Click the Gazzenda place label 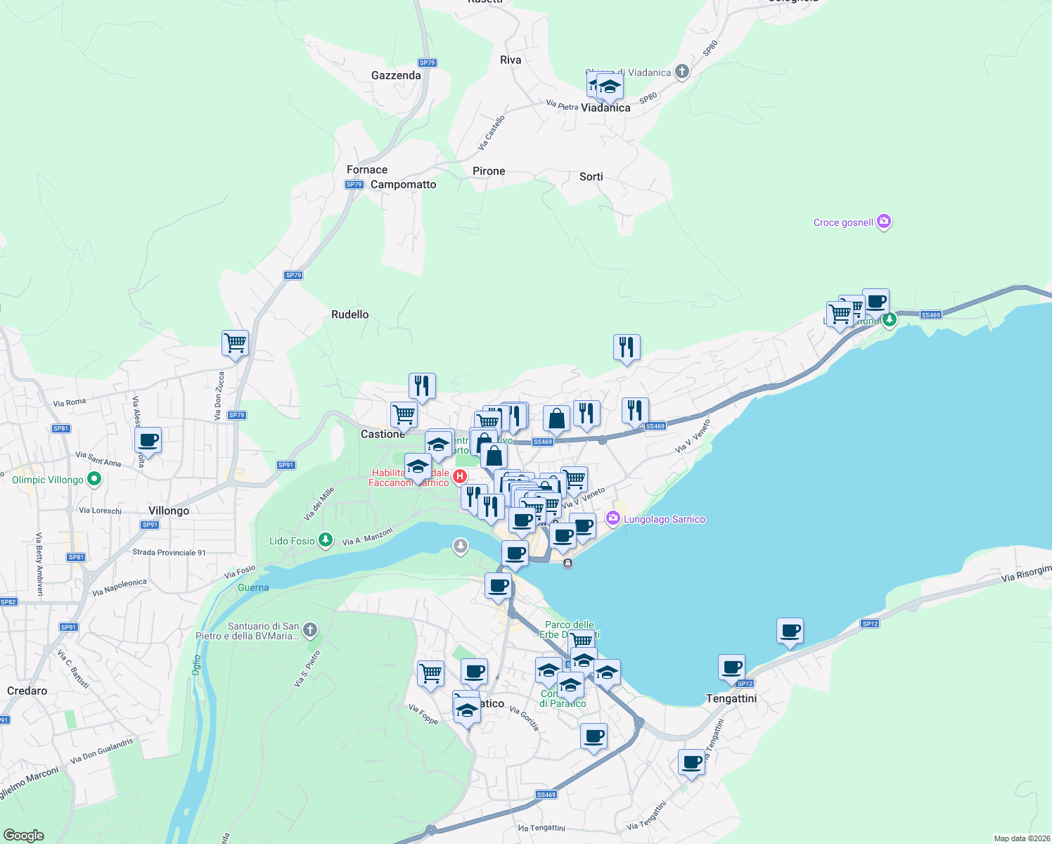396,75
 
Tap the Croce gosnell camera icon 884,222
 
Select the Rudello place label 349,314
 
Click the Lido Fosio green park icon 325,540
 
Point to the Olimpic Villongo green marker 94,480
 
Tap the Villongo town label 169,511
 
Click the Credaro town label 27,691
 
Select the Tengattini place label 731,698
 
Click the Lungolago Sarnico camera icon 613,518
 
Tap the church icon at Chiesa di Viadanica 681,71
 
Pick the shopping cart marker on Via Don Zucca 235,343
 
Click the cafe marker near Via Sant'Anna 148,441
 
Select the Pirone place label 489,171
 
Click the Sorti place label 591,177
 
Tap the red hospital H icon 460,476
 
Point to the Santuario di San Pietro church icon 310,629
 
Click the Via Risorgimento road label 1026,573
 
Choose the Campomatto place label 403,184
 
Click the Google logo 23,836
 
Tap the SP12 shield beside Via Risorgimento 870,624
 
